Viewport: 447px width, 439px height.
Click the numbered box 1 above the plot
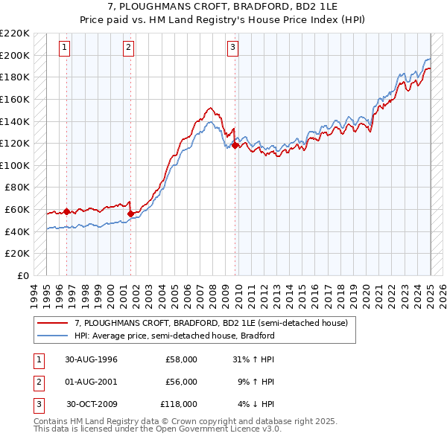[65, 48]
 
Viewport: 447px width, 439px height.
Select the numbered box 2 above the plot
[128, 48]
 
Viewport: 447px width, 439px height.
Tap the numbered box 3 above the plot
[232, 48]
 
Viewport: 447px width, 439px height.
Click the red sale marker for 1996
[66, 211]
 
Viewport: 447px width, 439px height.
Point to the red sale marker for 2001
[130, 214]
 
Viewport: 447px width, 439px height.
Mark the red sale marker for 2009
[235, 146]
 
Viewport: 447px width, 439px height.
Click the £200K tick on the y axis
[16, 55]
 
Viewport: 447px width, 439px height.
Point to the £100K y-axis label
[16, 165]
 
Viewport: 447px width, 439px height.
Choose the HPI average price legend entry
[174, 336]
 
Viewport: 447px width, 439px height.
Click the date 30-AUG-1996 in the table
[91, 359]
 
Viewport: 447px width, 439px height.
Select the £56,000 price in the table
[181, 382]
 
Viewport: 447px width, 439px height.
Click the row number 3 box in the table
[37, 404]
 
